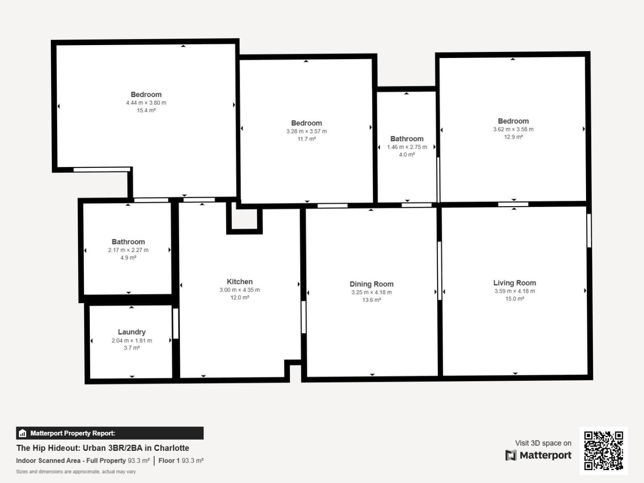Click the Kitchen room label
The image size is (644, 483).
point(239,282)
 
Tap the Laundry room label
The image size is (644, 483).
point(132,332)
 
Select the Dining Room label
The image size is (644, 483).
point(372,284)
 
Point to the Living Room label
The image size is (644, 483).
point(514,283)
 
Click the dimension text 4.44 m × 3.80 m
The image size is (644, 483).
point(146,103)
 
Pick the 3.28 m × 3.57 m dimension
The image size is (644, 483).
point(306,131)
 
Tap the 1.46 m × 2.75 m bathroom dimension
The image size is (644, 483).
point(407,147)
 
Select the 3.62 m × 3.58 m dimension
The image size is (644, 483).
point(513,129)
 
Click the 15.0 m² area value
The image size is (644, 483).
point(514,299)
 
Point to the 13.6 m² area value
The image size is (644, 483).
point(372,300)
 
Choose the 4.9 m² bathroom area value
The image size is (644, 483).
point(128,258)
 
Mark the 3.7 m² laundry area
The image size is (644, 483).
point(132,348)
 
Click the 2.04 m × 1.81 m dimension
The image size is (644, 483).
point(132,341)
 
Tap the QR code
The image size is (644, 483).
point(603,450)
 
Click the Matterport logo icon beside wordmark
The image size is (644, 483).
point(511,455)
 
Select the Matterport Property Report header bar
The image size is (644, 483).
point(109,433)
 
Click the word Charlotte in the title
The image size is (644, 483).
point(171,448)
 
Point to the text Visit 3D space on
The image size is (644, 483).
point(543,443)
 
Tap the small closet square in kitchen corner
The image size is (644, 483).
point(244,219)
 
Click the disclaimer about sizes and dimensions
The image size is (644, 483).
point(76,472)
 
